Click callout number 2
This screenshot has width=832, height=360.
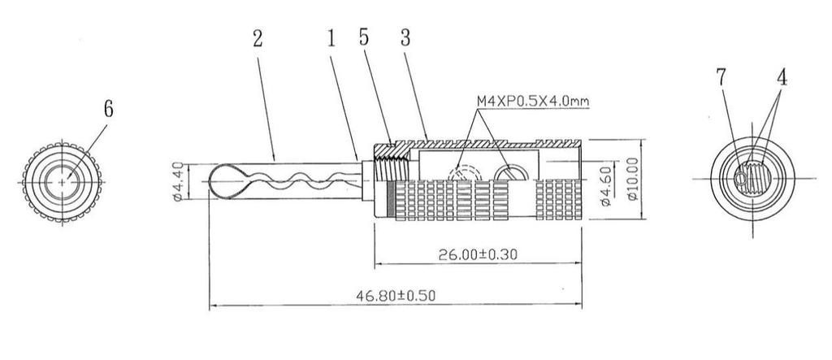click(x=258, y=39)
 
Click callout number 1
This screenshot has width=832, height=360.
click(x=331, y=39)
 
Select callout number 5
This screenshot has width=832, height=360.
click(x=363, y=37)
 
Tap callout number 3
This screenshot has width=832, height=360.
click(x=405, y=37)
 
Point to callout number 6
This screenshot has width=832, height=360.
click(x=108, y=109)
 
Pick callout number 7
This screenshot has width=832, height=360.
click(x=721, y=77)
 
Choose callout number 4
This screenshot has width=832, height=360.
click(x=782, y=77)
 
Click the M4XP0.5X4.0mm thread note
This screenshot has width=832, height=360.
click(x=533, y=101)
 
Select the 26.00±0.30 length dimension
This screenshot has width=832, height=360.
click(x=478, y=254)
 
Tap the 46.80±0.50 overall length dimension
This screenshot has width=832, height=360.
click(x=396, y=296)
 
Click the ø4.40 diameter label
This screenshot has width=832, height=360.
click(x=178, y=181)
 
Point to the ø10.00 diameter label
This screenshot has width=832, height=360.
click(x=632, y=179)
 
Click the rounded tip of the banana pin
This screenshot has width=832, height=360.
click(x=210, y=181)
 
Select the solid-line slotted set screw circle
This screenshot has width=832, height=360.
click(x=511, y=173)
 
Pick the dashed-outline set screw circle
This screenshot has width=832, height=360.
click(x=464, y=173)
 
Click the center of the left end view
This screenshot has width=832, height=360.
click(x=62, y=182)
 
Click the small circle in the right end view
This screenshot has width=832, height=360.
click(x=740, y=180)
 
